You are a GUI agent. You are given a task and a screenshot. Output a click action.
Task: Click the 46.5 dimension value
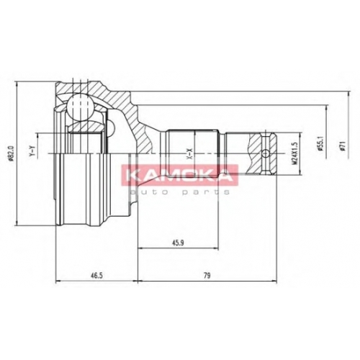(96, 276)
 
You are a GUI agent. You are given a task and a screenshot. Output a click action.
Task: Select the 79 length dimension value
(207, 276)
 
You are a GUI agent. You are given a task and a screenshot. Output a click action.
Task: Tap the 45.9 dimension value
(178, 243)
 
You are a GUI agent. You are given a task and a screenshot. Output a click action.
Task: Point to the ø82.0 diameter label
(10, 154)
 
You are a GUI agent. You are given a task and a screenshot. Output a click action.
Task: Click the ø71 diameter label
(343, 145)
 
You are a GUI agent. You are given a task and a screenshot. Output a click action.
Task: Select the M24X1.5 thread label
(294, 153)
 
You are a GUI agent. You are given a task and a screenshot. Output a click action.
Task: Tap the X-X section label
(189, 154)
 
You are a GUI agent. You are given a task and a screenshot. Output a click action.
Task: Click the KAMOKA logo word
(179, 174)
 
